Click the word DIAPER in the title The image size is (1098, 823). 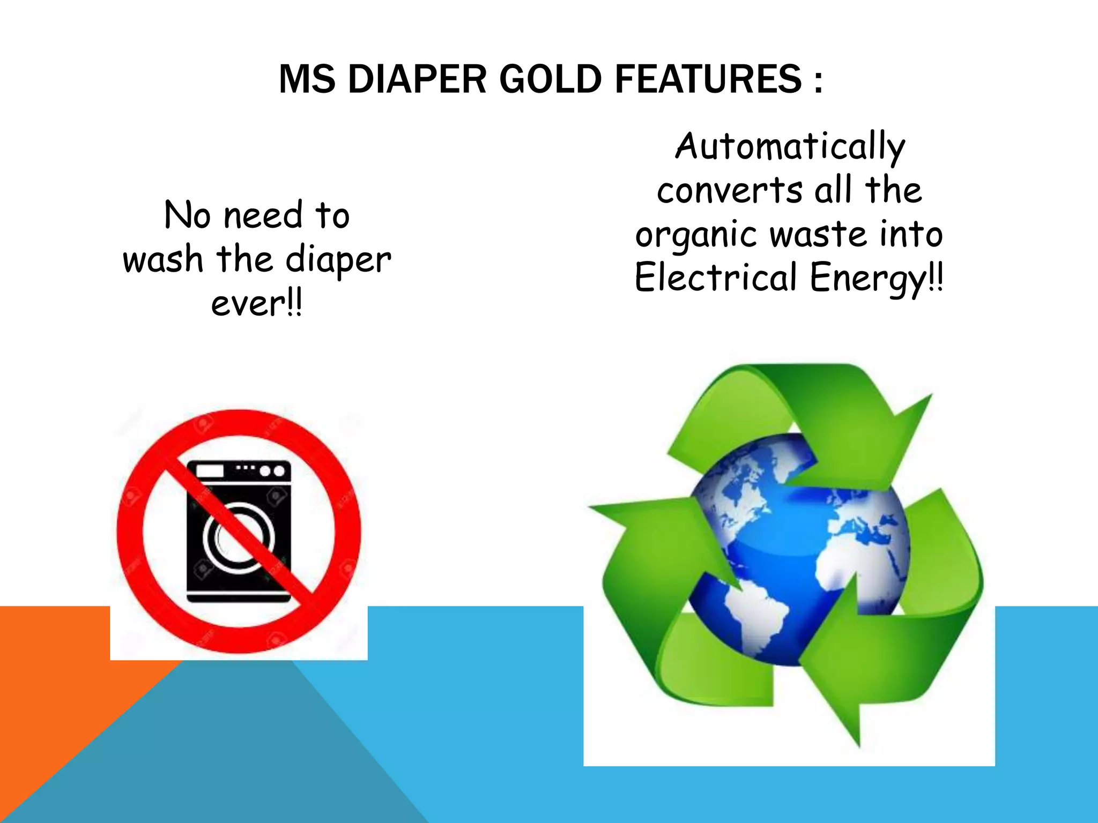point(417,79)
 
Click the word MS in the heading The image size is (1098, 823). point(307,79)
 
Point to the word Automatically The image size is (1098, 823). point(790,147)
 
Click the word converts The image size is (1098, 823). point(729,191)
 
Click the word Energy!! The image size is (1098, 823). point(876,279)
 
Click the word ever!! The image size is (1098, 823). point(256,303)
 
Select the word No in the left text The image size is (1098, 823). point(187,215)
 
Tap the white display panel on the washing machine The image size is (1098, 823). point(210,471)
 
